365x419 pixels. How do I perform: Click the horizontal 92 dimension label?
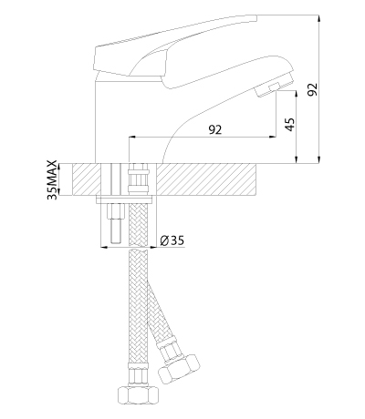(x=215, y=129)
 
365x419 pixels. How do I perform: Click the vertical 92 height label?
(x=312, y=89)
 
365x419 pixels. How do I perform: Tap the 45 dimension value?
(x=290, y=124)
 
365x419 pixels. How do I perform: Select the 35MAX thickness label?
(x=52, y=179)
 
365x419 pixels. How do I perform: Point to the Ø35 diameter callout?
(x=172, y=240)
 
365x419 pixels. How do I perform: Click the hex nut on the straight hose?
(x=139, y=394)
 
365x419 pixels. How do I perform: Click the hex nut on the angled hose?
(x=179, y=366)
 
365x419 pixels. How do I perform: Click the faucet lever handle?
(x=176, y=46)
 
